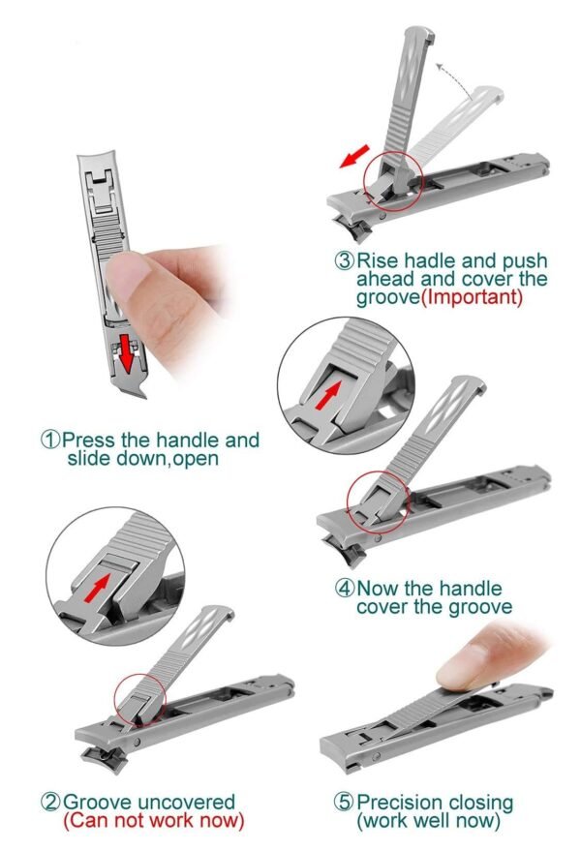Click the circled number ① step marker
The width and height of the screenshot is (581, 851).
(50, 440)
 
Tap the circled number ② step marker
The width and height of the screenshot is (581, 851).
(49, 802)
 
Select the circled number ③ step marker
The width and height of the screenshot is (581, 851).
(345, 260)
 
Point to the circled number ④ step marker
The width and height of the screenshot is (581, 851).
(345, 588)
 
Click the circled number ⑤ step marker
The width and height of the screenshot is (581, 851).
(345, 803)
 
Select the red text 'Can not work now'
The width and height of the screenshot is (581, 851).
(153, 821)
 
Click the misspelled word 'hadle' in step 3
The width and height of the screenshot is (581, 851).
(432, 260)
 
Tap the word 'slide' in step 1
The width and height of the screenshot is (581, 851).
(91, 458)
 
